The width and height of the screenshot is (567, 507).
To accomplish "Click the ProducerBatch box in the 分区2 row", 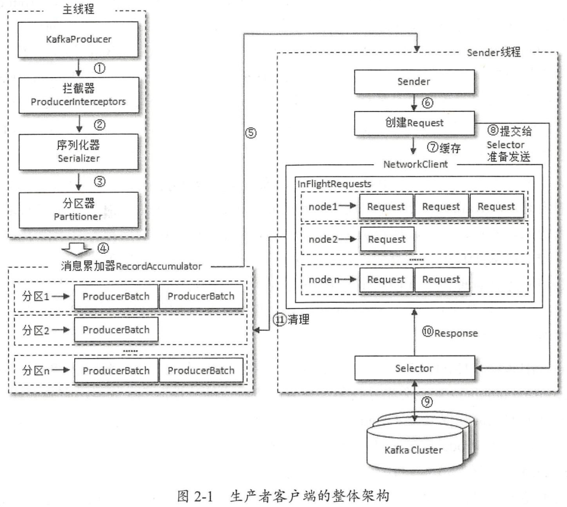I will [x=116, y=329].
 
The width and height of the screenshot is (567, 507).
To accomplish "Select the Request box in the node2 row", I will [x=386, y=239].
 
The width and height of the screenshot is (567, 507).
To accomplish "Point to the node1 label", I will [x=323, y=206].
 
